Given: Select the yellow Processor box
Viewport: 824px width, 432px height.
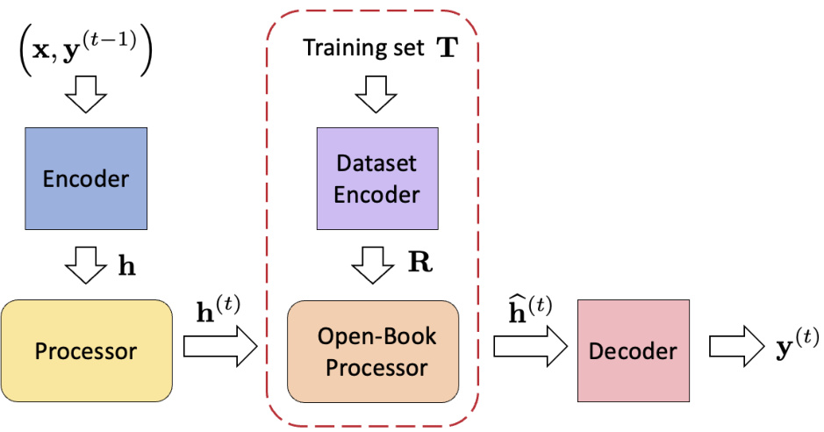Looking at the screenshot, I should pyautogui.click(x=86, y=351).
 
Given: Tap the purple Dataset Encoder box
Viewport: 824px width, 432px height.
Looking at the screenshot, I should pyautogui.click(x=376, y=180).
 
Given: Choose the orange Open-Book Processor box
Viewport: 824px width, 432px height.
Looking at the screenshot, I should pyautogui.click(x=373, y=351).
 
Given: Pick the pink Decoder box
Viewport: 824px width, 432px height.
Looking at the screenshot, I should pyautogui.click(x=634, y=351).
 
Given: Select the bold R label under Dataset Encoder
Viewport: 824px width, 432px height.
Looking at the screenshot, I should pyautogui.click(x=421, y=264).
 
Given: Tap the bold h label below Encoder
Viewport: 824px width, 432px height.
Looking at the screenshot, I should pyautogui.click(x=127, y=264).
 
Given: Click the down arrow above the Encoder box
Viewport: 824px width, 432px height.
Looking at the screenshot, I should pyautogui.click(x=85, y=98).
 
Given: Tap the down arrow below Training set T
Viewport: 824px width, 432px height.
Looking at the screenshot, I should pyautogui.click(x=376, y=95).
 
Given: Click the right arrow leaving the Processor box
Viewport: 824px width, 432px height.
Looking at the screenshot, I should pyautogui.click(x=219, y=349).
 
